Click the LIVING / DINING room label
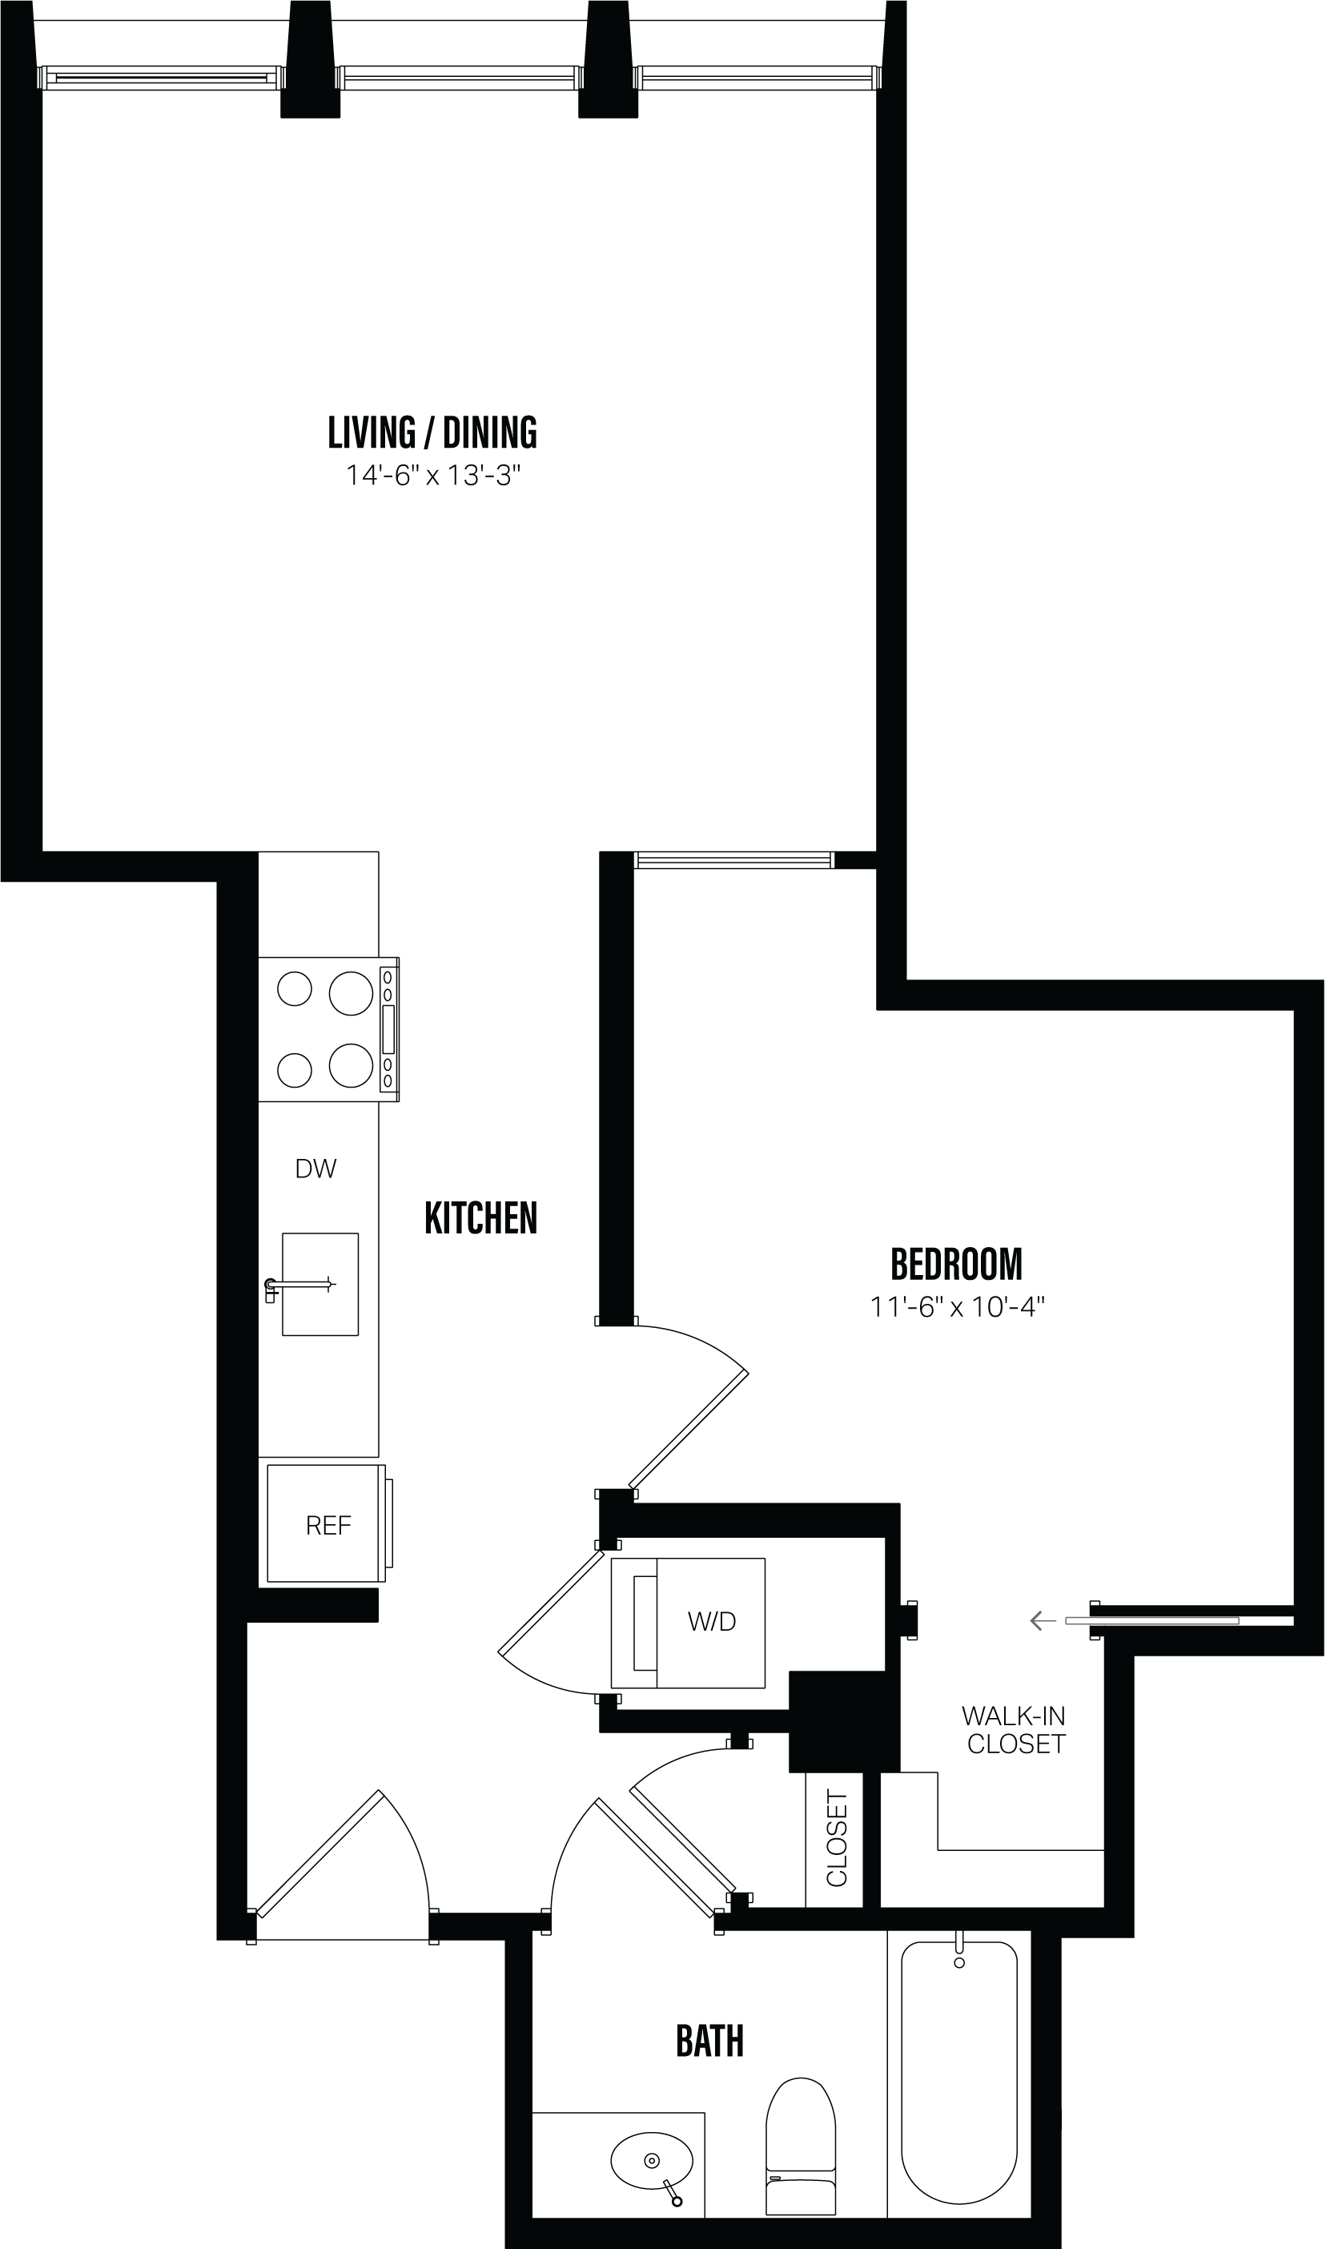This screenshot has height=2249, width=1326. pyautogui.click(x=432, y=432)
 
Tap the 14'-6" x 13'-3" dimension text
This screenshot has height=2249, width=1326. pyautogui.click(x=432, y=476)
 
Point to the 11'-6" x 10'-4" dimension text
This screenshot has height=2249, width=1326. pyautogui.click(x=957, y=1307)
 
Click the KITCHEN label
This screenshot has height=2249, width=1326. pyautogui.click(x=480, y=1218)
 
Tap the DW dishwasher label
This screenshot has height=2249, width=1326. pyautogui.click(x=315, y=1169)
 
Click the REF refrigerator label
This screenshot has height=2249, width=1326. pyautogui.click(x=328, y=1525)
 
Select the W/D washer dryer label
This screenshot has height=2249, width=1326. pyautogui.click(x=711, y=1622)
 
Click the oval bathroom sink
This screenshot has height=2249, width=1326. pyautogui.click(x=651, y=2161)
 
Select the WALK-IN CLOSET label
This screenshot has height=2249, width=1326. pyautogui.click(x=1015, y=1730)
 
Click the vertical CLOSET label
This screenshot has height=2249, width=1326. pyautogui.click(x=836, y=1839)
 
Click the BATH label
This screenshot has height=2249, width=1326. pyautogui.click(x=709, y=2042)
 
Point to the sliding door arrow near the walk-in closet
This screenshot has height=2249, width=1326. pyautogui.click(x=1042, y=1621)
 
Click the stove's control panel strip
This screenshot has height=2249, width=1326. pyautogui.click(x=388, y=1029)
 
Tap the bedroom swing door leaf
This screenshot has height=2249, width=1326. pyautogui.click(x=688, y=1430)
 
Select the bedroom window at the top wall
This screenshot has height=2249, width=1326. pyautogui.click(x=733, y=860)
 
